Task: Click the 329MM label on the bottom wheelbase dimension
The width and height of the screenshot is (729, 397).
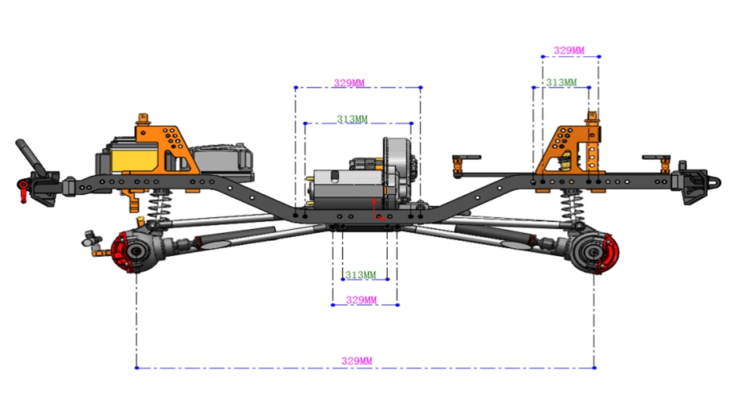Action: pyautogui.click(x=356, y=361)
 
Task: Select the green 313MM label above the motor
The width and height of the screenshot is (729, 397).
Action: pyautogui.click(x=352, y=119)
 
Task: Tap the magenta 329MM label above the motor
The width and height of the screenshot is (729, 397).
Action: pyautogui.click(x=349, y=83)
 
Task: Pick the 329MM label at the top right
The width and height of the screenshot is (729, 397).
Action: pyautogui.click(x=569, y=50)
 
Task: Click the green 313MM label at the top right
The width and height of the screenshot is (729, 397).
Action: pyautogui.click(x=561, y=82)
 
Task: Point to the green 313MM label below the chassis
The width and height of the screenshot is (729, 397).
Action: pyautogui.click(x=361, y=274)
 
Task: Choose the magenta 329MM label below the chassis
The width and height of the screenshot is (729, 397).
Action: pyautogui.click(x=362, y=300)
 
